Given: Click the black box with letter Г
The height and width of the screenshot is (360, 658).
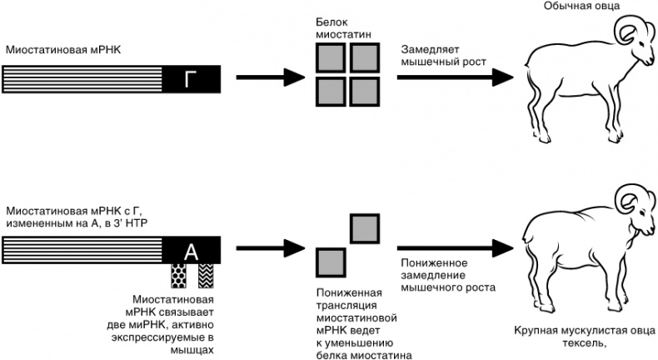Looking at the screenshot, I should coord(192,79).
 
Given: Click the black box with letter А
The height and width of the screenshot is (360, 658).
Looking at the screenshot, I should coord(192,249).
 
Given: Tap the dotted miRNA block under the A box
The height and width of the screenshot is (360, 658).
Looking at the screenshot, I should coord(178,274).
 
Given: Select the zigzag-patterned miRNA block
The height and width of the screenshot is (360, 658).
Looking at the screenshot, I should coord(205,274).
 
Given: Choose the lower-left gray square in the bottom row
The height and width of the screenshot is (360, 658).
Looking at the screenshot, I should coord(331,262).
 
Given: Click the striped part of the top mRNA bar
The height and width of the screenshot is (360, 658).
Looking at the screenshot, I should coord(82,79).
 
